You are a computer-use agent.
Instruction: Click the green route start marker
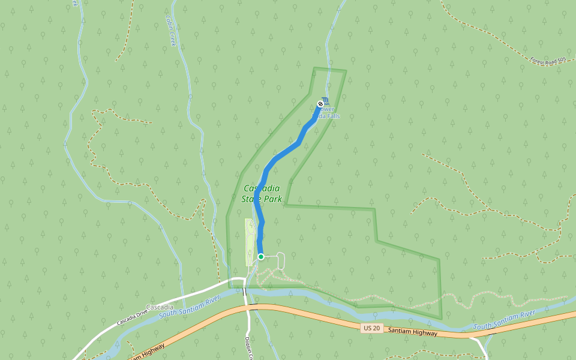[261, 257]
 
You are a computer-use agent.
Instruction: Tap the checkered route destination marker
[320, 104]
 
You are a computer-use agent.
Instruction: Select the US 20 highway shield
[371, 328]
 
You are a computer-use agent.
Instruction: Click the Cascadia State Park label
[261, 193]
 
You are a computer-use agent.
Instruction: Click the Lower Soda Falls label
[329, 113]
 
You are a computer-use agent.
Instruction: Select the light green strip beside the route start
[249, 242]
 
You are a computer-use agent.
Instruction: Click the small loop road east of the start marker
[281, 261]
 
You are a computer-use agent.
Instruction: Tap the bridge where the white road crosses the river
[244, 292]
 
